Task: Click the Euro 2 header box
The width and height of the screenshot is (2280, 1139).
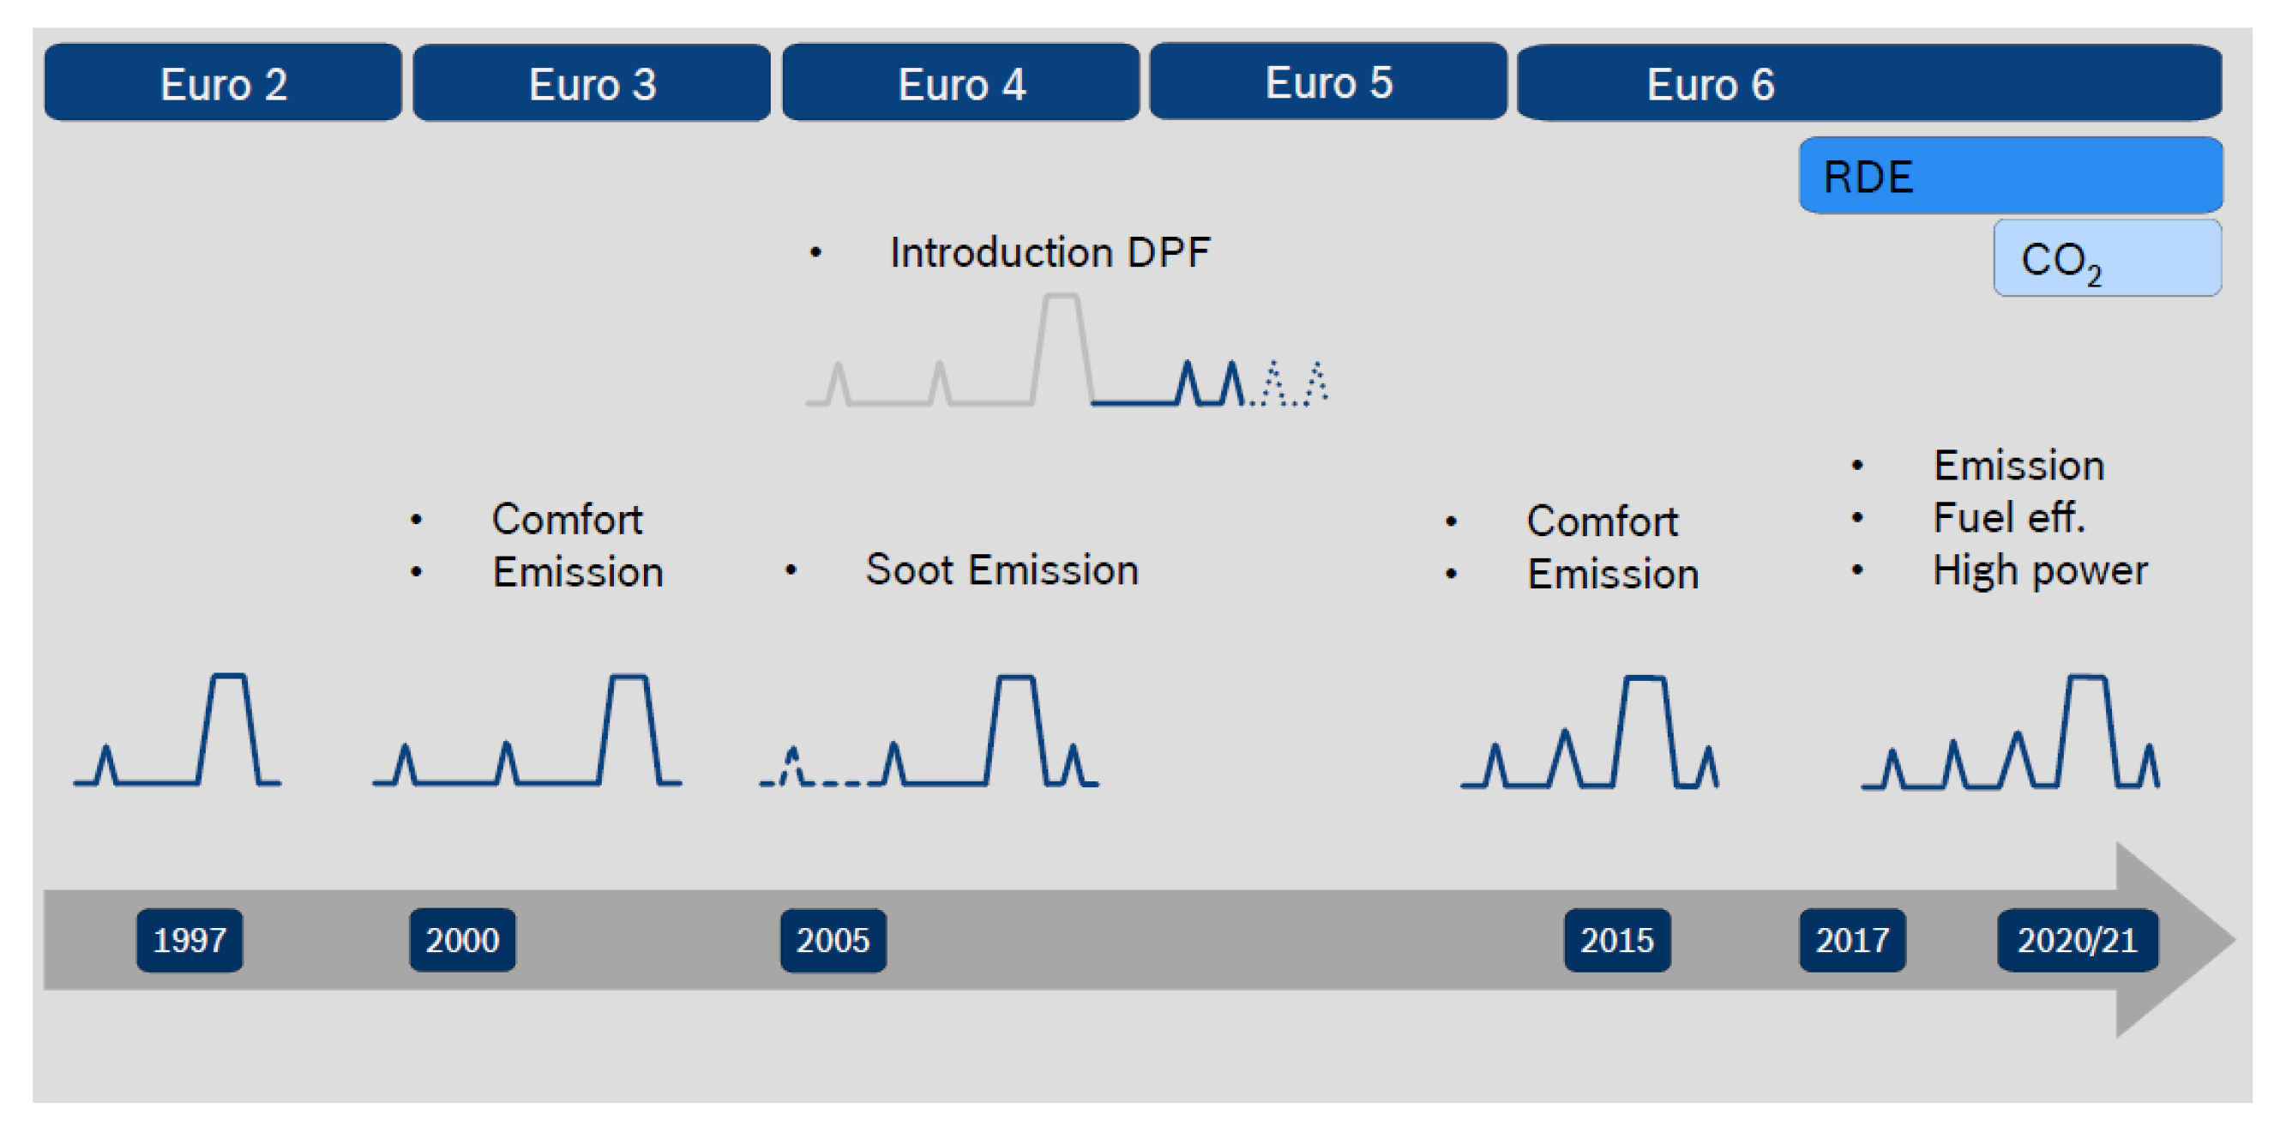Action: (223, 82)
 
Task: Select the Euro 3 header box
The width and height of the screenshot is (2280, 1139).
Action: (592, 82)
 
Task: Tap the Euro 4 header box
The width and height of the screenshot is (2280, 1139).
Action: (960, 82)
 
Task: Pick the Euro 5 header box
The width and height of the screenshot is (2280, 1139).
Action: (1327, 81)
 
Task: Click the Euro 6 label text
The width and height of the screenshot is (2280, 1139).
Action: (1710, 84)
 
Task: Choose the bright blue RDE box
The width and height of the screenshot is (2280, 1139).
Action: (2011, 175)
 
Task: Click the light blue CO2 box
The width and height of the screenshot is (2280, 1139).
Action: (2108, 258)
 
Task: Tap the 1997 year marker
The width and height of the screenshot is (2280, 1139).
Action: (189, 940)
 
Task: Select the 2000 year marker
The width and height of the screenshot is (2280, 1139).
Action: (462, 940)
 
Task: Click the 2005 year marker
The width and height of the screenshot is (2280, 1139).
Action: (833, 940)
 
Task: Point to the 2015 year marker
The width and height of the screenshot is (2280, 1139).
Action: (1617, 940)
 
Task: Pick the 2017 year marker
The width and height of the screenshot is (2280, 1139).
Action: (1852, 940)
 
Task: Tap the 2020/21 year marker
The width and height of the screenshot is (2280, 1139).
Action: (2078, 940)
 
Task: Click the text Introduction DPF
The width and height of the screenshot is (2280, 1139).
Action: (1050, 253)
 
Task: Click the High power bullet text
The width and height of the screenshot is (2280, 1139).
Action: (2040, 571)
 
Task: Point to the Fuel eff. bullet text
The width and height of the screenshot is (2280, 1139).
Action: (2009, 518)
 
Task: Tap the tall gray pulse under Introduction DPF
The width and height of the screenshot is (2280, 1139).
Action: (1062, 350)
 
